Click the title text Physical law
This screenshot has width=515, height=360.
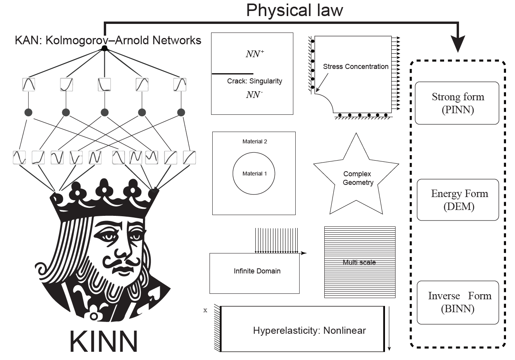coord(295,10)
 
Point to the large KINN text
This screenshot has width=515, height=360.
coord(103,341)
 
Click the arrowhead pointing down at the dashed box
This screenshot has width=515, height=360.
coord(458,44)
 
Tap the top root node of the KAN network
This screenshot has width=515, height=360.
coord(105,48)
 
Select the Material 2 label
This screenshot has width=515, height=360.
coord(255,141)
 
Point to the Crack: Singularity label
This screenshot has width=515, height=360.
coord(255,81)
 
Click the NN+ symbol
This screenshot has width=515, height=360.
coord(255,54)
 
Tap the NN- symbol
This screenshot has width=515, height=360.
coord(254,94)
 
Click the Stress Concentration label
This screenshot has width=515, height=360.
coord(356,67)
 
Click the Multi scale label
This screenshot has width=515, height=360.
coord(359,262)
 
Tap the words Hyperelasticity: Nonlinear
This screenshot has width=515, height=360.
coord(309,331)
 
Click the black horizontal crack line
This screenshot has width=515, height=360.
coord(233,74)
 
